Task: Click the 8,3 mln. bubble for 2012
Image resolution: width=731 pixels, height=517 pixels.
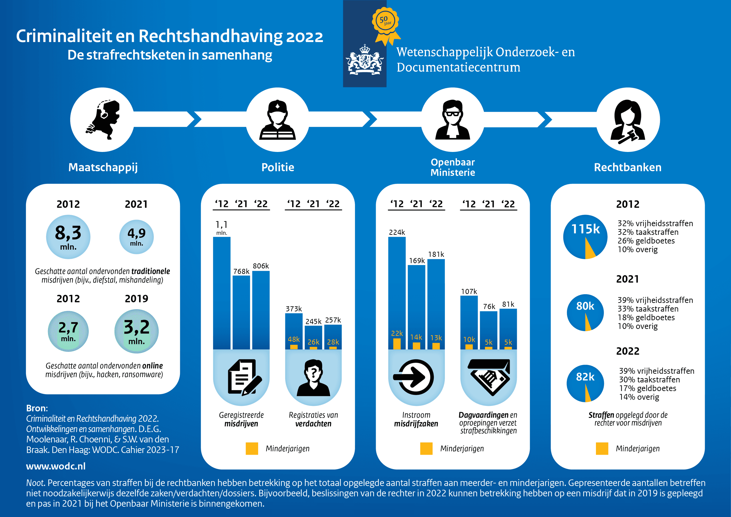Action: [x=68, y=237]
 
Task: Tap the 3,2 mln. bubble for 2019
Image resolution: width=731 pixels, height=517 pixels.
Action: [x=136, y=331]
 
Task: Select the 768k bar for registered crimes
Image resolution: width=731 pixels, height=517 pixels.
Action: [x=241, y=312]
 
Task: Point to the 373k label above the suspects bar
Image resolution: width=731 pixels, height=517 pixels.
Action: [x=294, y=309]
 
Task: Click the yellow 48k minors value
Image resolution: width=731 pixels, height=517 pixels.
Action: [x=294, y=339]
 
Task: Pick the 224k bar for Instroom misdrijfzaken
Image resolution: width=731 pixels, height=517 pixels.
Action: [x=397, y=293]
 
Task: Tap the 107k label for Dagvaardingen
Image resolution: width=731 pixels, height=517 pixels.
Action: [x=469, y=291]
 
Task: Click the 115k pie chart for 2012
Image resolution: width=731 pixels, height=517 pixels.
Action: [x=585, y=237]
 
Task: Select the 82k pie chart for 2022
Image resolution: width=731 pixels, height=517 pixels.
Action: [x=585, y=383]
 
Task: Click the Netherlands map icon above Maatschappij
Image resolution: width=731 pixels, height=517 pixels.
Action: [x=103, y=120]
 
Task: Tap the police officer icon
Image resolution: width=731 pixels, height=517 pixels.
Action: [x=277, y=120]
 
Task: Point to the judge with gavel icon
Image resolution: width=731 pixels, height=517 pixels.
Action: [x=628, y=121]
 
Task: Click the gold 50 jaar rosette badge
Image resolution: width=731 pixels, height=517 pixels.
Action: [x=386, y=25]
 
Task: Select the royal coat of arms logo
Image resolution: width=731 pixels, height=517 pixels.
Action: [x=365, y=60]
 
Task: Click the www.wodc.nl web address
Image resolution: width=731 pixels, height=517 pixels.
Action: [x=56, y=466]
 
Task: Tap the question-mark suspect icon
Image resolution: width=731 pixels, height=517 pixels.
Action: [x=313, y=378]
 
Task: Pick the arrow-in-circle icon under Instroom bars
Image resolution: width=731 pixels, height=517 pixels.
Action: [x=413, y=377]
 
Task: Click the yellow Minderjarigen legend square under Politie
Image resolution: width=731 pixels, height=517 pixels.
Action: [x=252, y=448]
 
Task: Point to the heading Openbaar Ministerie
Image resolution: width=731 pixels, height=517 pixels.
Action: [x=453, y=167]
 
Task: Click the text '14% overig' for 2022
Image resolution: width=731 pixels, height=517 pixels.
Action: [x=639, y=397]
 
